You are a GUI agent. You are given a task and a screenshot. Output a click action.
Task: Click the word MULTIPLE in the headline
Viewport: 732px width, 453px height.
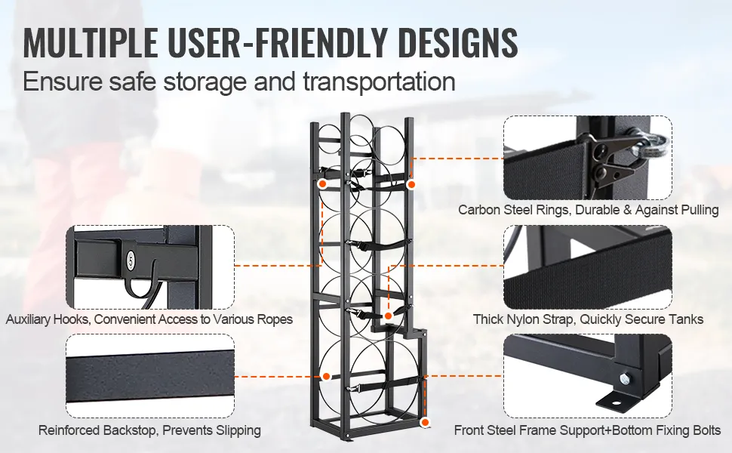click(91, 42)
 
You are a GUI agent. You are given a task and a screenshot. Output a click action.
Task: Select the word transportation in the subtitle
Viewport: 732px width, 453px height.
click(379, 82)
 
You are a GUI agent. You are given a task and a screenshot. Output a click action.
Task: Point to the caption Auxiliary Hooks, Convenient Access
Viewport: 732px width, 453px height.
click(149, 319)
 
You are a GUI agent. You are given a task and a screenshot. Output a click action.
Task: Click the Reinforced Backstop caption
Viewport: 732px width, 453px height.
click(149, 430)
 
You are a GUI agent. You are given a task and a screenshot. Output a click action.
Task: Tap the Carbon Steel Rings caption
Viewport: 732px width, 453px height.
click(588, 210)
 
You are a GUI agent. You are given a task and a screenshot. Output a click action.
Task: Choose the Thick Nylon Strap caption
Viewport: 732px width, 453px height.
click(588, 319)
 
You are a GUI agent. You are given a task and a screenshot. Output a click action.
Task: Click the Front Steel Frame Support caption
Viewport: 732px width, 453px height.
click(587, 430)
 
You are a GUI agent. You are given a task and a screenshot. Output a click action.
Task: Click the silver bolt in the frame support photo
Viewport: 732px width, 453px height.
click(624, 377)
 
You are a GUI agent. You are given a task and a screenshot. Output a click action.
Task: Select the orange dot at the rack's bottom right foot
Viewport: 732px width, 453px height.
click(424, 423)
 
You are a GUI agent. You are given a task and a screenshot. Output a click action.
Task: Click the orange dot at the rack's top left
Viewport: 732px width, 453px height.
click(322, 184)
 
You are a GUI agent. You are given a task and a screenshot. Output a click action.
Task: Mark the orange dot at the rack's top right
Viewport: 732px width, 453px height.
click(411, 184)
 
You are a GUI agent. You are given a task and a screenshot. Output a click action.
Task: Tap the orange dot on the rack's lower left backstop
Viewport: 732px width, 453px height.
click(326, 377)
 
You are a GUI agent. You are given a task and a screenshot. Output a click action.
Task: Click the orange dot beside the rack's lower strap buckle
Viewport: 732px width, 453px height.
click(388, 316)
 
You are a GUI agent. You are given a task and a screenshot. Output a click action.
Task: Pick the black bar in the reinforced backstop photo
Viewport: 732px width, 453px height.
click(150, 377)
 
